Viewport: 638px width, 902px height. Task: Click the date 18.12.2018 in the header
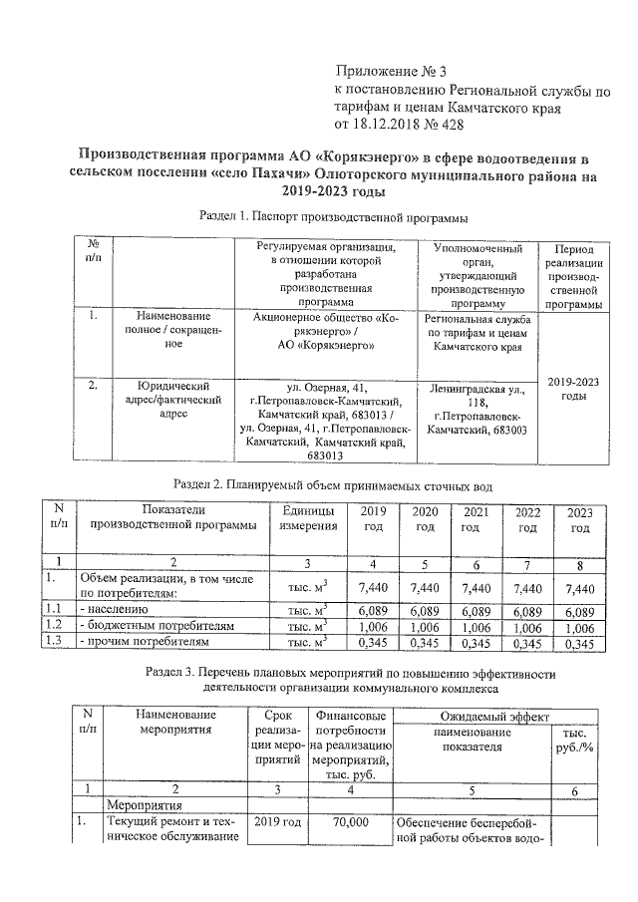389,126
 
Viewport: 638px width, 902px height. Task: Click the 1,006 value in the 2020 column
425,627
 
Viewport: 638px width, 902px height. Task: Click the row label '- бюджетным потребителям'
157,627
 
